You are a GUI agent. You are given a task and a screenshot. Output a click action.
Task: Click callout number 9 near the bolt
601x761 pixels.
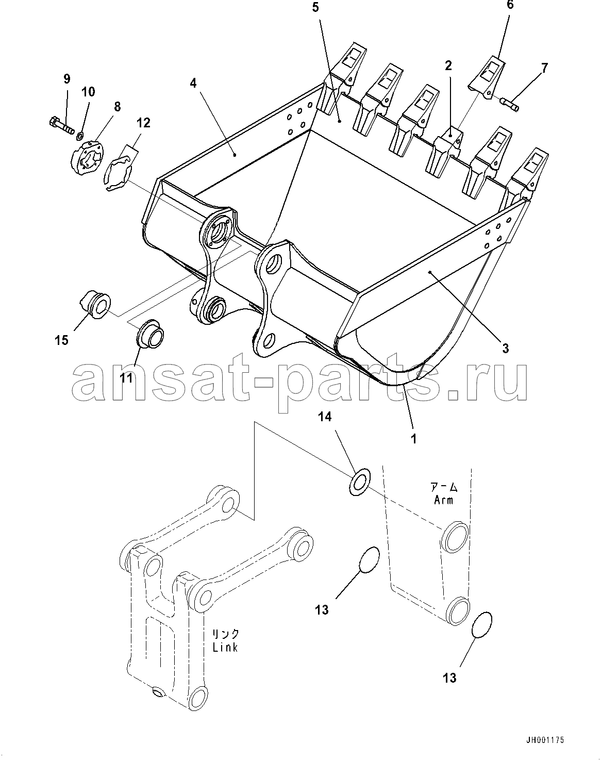pyautogui.click(x=66, y=79)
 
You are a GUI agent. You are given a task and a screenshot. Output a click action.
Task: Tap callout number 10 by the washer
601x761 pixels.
pyautogui.click(x=88, y=92)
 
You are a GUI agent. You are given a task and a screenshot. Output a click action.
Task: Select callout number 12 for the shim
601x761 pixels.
pyautogui.click(x=143, y=123)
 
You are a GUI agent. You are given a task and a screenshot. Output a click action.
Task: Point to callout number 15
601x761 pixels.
pyautogui.click(x=62, y=341)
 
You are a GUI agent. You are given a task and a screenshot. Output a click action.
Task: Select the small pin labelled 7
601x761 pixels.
pyautogui.click(x=509, y=104)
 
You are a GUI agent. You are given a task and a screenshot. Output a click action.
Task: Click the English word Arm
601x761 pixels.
pyautogui.click(x=444, y=500)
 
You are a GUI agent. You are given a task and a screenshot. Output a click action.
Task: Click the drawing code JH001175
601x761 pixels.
pyautogui.click(x=544, y=740)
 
